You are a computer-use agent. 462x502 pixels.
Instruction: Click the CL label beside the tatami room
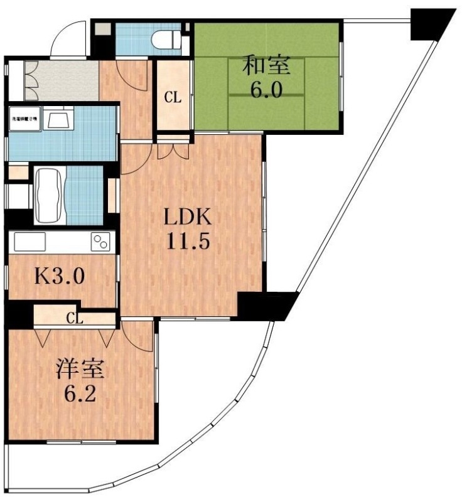(x=173, y=97)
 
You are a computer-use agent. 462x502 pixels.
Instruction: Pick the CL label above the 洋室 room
(x=75, y=318)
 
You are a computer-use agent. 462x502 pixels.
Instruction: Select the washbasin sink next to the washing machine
(x=58, y=119)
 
